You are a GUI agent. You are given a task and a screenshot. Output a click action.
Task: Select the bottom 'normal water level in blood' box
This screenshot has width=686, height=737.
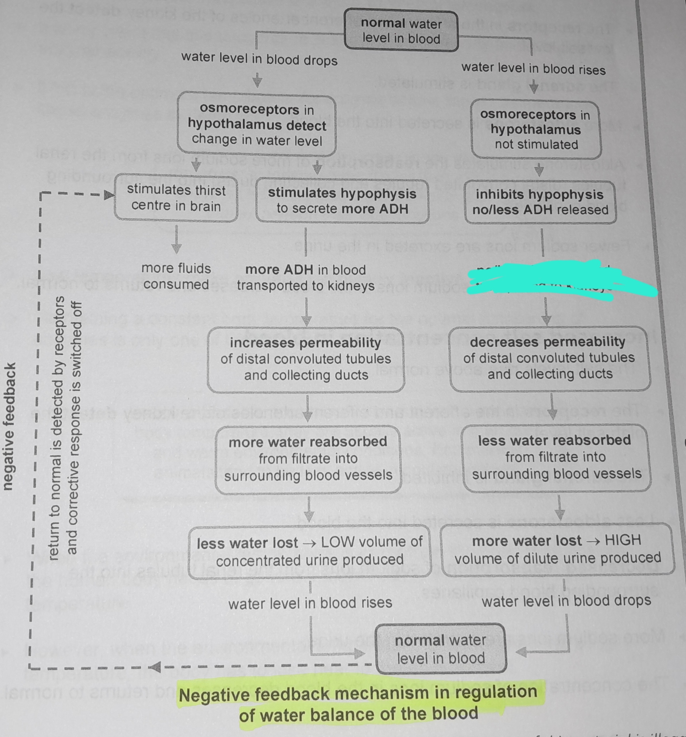tap(441, 648)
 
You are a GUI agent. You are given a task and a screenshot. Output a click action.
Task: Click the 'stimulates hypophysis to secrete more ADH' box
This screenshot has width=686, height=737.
tap(342, 201)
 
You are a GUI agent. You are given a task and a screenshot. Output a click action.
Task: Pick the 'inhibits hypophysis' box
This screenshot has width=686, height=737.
tap(540, 202)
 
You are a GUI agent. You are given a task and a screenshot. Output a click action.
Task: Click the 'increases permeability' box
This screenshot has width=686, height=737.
tap(306, 359)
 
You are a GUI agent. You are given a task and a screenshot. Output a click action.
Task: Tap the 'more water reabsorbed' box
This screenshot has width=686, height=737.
tap(308, 459)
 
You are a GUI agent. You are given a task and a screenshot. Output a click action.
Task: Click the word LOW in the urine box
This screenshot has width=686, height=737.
tap(337, 542)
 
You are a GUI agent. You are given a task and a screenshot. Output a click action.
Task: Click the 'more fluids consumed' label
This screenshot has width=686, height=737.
tap(176, 276)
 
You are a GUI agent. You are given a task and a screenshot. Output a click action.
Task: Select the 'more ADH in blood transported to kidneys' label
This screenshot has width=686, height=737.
tap(306, 277)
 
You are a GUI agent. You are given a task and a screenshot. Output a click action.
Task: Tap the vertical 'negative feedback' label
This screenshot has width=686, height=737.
tap(9, 426)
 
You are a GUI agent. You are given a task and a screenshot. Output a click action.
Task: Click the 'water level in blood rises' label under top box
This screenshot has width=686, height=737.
tap(533, 69)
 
